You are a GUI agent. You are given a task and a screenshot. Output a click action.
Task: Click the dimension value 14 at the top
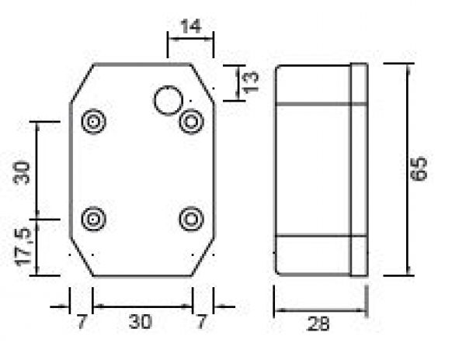click(190, 26)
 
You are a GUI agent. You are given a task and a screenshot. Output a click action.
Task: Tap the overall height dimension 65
click(419, 169)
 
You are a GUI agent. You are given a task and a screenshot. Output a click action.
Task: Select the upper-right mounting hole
click(191, 121)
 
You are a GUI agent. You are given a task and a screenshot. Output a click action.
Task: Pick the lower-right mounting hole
click(191, 219)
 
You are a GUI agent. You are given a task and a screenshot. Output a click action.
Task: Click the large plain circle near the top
click(168, 101)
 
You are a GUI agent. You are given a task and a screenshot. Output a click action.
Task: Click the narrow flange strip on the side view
click(359, 169)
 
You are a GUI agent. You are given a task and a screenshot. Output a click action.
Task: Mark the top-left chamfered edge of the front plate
click(82, 83)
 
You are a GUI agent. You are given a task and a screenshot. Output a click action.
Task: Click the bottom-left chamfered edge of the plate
click(82, 257)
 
